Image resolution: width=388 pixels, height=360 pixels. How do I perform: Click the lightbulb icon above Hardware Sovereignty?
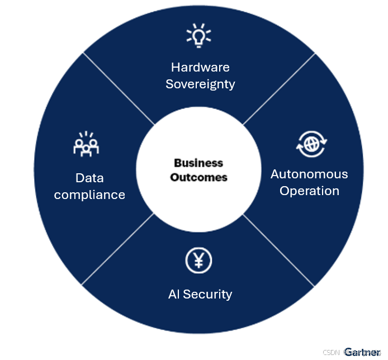point(199,36)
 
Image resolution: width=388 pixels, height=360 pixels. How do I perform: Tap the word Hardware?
point(200,67)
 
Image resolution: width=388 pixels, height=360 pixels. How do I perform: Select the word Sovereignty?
point(200,84)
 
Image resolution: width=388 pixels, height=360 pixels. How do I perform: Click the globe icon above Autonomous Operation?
point(309,143)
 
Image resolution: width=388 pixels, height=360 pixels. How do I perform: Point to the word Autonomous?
point(309,174)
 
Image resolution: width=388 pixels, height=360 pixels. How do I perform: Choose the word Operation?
point(309,191)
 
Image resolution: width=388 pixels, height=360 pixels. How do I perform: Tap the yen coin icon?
point(199,260)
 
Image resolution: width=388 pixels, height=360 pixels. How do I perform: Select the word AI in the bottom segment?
point(174,294)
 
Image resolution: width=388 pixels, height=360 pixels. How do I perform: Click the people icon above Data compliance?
point(87,144)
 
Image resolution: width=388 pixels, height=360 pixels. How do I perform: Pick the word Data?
point(89,178)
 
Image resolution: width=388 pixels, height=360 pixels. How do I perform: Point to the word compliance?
point(89,195)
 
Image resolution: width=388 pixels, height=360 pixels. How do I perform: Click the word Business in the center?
point(198,163)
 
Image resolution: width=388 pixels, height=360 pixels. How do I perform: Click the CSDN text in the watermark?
point(331,352)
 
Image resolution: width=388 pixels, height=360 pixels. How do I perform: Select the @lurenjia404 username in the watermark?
point(362,352)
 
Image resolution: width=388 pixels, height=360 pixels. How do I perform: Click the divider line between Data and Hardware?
point(119,89)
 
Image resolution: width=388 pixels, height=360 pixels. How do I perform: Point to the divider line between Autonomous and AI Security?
point(278,249)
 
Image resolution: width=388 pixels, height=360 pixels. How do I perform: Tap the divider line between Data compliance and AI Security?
point(119,248)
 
